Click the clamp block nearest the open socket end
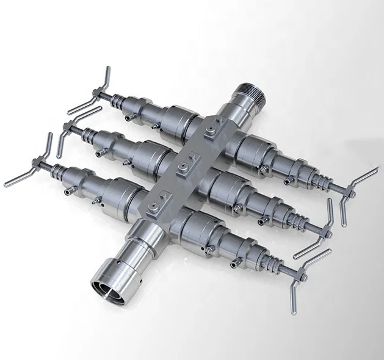(x=160, y=200)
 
